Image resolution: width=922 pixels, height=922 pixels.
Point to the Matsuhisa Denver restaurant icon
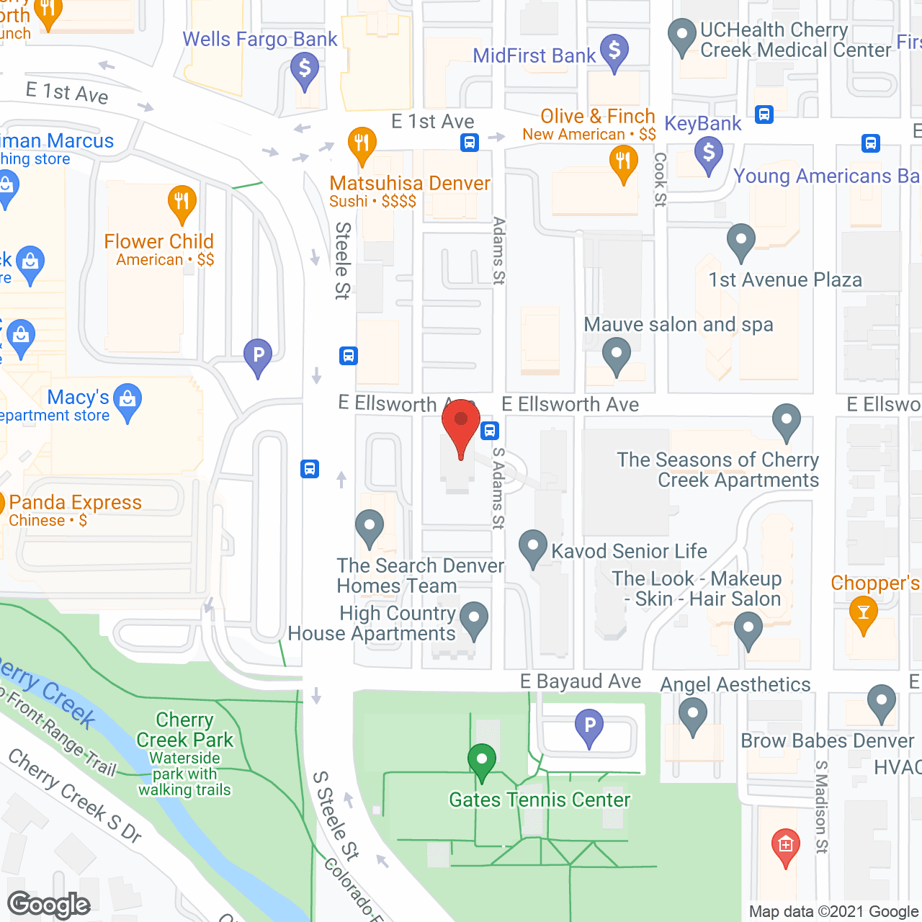[x=362, y=144]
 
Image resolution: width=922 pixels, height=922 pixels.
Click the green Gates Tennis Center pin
[x=482, y=761]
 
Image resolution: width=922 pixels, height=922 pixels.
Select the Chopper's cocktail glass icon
[x=864, y=614]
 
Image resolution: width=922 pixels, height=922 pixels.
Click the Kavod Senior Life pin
[x=533, y=548]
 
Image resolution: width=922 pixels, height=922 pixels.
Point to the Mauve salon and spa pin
[x=617, y=355]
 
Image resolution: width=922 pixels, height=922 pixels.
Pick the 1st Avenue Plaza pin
[x=740, y=241]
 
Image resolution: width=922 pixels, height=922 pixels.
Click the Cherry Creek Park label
[x=184, y=730]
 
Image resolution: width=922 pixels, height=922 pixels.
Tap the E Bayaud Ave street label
[x=581, y=681]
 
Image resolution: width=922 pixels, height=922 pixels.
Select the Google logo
[x=49, y=905]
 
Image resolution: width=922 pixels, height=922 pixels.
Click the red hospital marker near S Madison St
[x=785, y=845]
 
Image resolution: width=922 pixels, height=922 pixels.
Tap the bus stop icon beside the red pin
[x=490, y=431]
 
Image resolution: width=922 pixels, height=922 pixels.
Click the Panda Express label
[x=75, y=502]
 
